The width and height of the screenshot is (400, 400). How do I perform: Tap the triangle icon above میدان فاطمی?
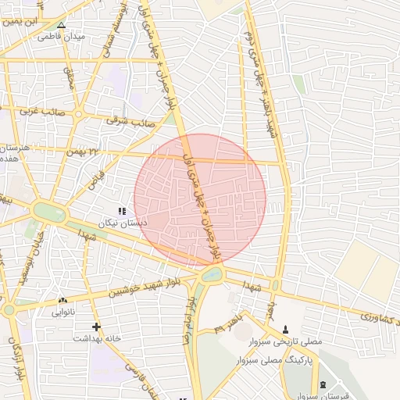[x=61, y=24]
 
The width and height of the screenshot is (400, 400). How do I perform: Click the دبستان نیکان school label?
[x=122, y=223]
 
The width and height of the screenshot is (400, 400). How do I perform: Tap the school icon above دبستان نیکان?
[x=121, y=211]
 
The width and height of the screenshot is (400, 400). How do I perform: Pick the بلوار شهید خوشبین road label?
[x=137, y=287]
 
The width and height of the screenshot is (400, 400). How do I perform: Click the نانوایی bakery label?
[x=63, y=312]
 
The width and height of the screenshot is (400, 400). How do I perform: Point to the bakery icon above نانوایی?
[x=62, y=301]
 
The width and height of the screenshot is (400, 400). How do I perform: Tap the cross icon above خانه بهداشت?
[x=96, y=327]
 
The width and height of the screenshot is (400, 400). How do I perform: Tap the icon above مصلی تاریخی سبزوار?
[x=284, y=330]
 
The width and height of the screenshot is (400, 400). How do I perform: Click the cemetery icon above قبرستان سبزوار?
[x=324, y=384]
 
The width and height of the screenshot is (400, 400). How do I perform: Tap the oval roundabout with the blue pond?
[x=210, y=275]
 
